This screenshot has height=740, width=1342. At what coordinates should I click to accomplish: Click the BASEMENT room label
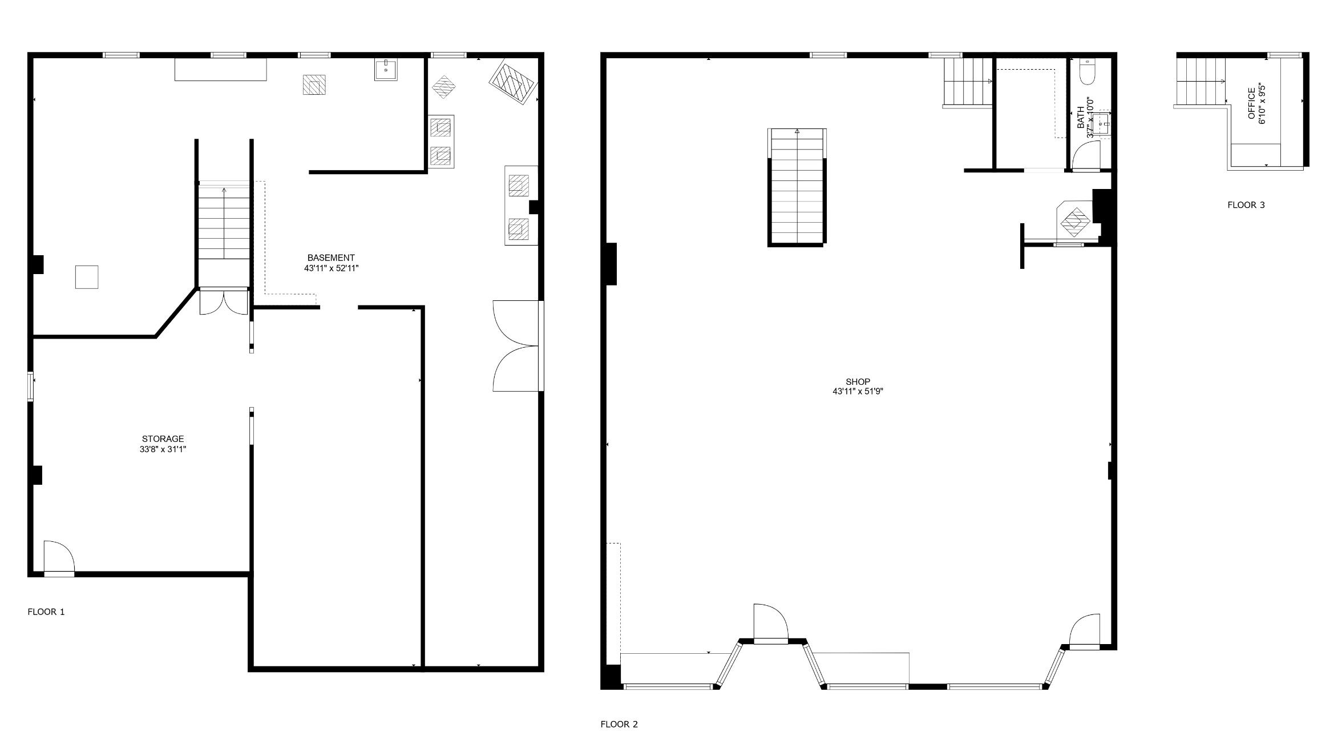pyautogui.click(x=331, y=258)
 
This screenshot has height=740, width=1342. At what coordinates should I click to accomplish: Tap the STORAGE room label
pyautogui.click(x=163, y=439)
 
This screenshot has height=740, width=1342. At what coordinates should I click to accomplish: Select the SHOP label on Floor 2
pyautogui.click(x=858, y=382)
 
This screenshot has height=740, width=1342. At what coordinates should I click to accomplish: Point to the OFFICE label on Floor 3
pyautogui.click(x=1251, y=103)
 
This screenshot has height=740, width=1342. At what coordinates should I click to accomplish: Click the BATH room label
pyautogui.click(x=1081, y=118)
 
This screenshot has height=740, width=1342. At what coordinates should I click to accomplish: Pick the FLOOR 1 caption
pyautogui.click(x=46, y=612)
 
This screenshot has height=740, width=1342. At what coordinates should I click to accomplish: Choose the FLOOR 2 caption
pyautogui.click(x=619, y=725)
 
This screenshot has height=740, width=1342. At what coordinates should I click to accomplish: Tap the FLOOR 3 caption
pyautogui.click(x=1246, y=205)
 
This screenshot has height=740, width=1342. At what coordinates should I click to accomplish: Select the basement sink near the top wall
pyautogui.click(x=386, y=70)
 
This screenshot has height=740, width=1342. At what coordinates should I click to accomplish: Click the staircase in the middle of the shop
pyautogui.click(x=797, y=187)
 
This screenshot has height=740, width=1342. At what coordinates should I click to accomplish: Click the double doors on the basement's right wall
pyautogui.click(x=516, y=345)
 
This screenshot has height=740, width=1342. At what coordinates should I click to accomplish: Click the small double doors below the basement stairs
pyautogui.click(x=224, y=301)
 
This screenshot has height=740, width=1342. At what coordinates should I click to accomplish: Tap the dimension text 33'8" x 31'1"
pyautogui.click(x=163, y=449)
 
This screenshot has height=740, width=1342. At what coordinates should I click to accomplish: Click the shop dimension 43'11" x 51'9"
pyautogui.click(x=858, y=392)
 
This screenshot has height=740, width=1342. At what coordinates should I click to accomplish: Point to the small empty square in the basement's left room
pyautogui.click(x=87, y=277)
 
